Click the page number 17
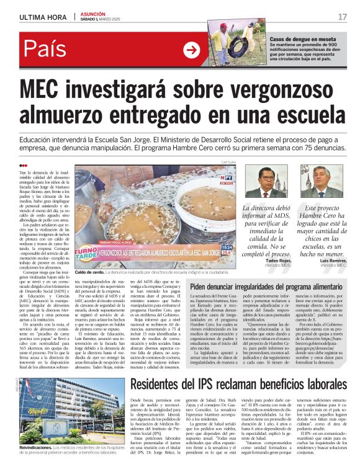click(342, 16)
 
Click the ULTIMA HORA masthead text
click(42, 16)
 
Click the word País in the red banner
click(47, 51)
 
